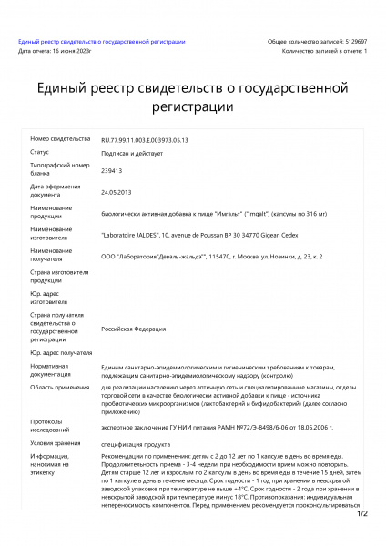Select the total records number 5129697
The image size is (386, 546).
[x=350, y=42]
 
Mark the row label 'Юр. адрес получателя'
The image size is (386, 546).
[x=61, y=351]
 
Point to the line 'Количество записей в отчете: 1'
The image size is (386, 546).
[x=324, y=51]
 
